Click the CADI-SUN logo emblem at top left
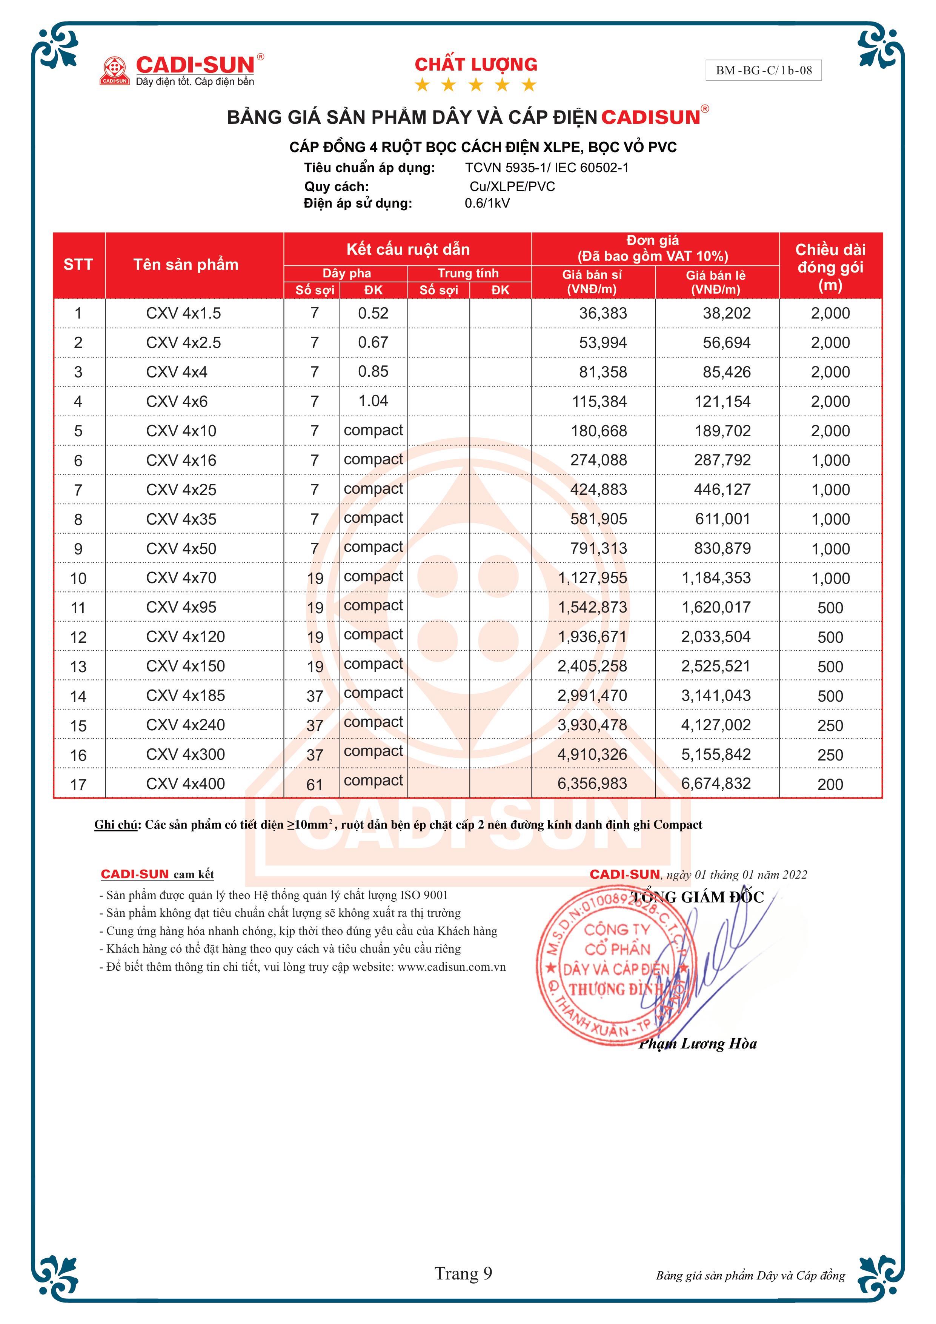(x=115, y=70)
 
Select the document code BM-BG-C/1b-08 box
(x=763, y=70)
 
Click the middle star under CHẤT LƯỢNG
(x=475, y=85)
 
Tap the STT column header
(x=78, y=265)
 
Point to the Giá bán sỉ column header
(x=592, y=282)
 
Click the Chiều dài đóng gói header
(x=830, y=267)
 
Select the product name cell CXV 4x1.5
(x=183, y=313)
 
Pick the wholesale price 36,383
(x=602, y=313)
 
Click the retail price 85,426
(x=726, y=372)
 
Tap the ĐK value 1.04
(x=373, y=401)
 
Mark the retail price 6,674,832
(x=716, y=783)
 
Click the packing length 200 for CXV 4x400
(x=830, y=784)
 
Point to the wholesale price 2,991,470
(x=592, y=696)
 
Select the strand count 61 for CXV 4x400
(x=314, y=784)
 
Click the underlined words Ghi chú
(x=116, y=825)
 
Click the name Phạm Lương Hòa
(x=698, y=1044)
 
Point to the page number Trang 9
(x=463, y=1273)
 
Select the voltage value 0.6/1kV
(x=487, y=203)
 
